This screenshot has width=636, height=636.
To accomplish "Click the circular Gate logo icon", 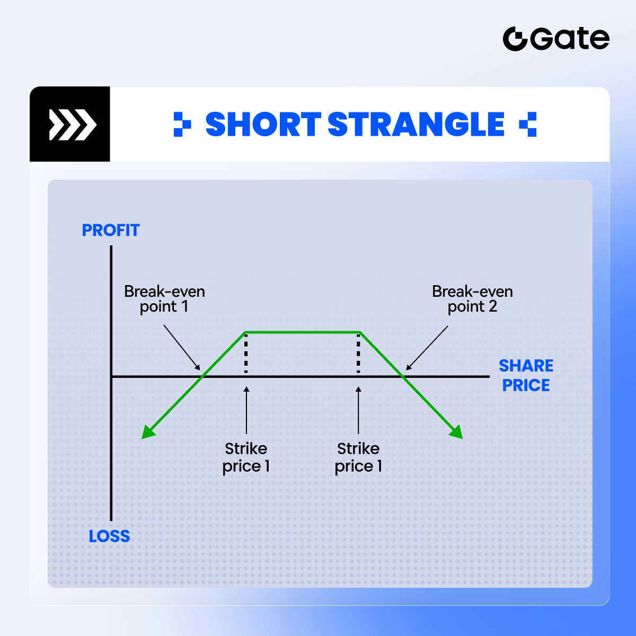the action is click(x=515, y=39).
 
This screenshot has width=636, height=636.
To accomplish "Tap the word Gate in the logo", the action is click(x=570, y=39).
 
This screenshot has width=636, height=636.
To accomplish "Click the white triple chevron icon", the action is click(x=73, y=125).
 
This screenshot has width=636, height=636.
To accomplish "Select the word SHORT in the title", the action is click(x=263, y=124).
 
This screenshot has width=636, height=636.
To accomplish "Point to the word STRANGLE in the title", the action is click(x=416, y=124).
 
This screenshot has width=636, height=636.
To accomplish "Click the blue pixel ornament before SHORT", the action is click(x=182, y=124).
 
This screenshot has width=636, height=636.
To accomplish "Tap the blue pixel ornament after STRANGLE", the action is click(x=527, y=124).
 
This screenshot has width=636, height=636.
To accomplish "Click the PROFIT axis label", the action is click(x=111, y=230).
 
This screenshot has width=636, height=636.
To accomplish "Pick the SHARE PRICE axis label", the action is click(x=526, y=375).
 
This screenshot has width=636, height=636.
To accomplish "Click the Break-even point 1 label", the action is click(x=164, y=299).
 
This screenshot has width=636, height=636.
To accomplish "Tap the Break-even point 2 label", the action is click(x=472, y=299).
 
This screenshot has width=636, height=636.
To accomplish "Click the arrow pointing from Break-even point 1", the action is click(x=182, y=348).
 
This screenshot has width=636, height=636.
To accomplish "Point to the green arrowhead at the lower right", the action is click(x=457, y=432).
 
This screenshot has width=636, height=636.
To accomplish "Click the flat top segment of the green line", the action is click(x=302, y=332).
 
